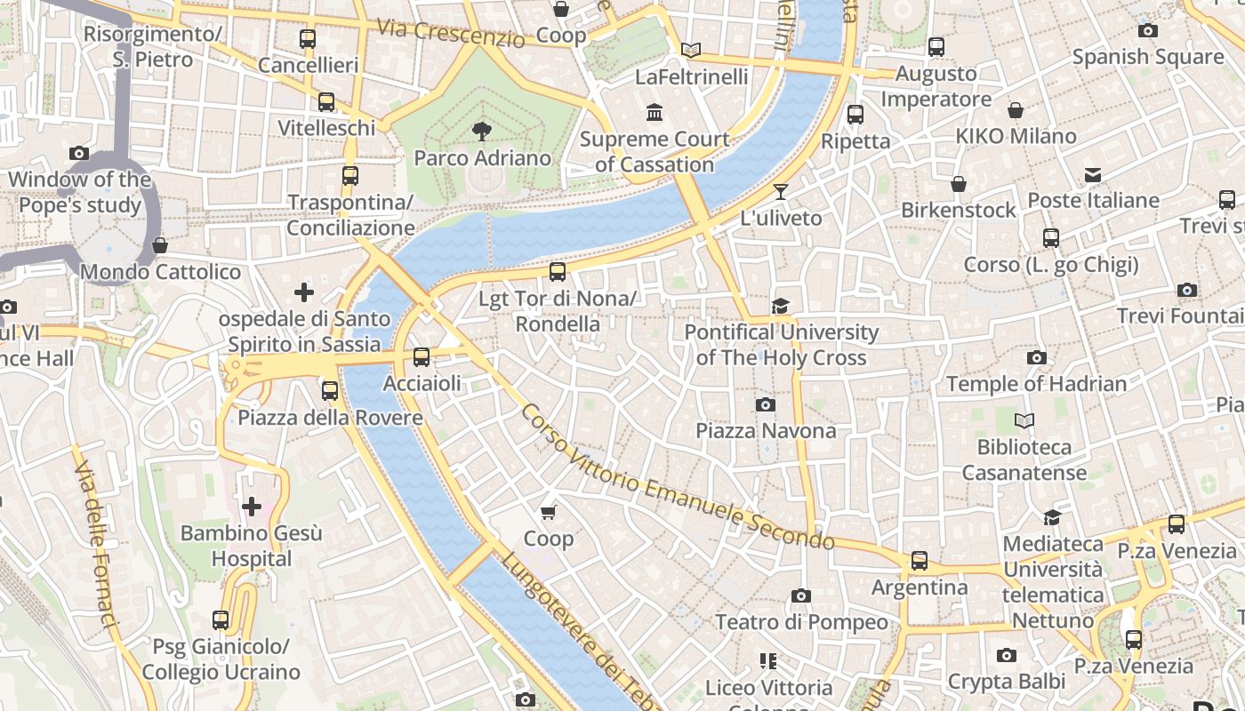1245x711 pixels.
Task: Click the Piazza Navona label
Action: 766,431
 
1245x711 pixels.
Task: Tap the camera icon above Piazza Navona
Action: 765,405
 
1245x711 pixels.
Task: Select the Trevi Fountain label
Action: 1180,316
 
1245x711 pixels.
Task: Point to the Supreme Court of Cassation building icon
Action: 655,113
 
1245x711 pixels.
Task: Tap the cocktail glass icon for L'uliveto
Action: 781,191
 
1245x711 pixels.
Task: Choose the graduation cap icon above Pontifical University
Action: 780,306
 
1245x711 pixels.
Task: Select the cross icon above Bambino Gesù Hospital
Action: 252,507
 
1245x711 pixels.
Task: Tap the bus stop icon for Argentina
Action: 920,561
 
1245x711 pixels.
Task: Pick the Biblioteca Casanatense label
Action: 1024,459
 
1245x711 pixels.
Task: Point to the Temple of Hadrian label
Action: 1036,384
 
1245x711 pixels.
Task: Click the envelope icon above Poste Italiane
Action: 1093,175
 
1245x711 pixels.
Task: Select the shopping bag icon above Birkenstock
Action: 958,184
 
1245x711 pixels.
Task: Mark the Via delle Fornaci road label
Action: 96,544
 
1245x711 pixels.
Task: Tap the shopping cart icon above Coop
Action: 549,512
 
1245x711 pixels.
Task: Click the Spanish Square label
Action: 1147,57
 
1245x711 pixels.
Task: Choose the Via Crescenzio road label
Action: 450,32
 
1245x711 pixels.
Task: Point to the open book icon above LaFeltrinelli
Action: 691,51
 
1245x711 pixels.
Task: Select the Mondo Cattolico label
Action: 161,272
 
